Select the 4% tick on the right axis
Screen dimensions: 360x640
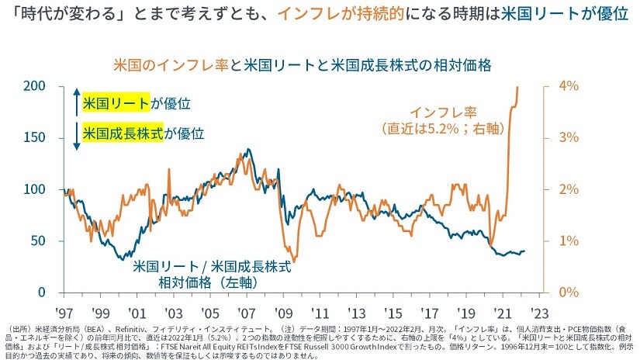tap(569, 86)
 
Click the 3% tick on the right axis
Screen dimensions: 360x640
tap(569, 137)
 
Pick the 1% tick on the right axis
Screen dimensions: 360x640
tap(569, 241)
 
